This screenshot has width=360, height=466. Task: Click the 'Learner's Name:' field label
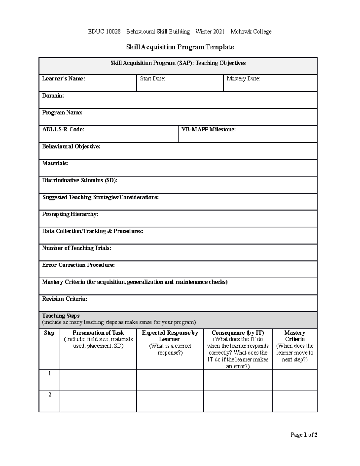click(64, 79)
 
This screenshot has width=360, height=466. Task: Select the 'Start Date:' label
click(152, 79)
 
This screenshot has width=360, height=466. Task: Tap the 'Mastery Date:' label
click(243, 79)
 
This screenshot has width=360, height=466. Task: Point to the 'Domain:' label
click(53, 96)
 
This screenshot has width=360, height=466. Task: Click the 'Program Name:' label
click(62, 113)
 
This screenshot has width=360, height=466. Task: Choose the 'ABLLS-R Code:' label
click(63, 129)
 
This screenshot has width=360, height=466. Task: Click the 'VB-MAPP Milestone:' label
click(208, 129)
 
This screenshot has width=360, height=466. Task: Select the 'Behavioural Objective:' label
click(71, 146)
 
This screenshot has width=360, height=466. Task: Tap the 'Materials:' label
click(55, 163)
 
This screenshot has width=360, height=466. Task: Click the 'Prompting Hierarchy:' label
click(70, 214)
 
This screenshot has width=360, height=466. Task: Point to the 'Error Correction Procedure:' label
click(78, 265)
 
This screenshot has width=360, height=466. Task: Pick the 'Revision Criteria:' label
click(64, 299)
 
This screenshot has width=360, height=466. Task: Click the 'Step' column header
click(49, 333)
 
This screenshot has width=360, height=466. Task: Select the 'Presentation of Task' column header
click(98, 333)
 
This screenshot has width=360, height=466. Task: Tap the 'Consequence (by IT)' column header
click(238, 333)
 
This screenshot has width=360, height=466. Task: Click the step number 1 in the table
click(49, 374)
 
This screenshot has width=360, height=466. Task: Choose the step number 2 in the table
click(49, 395)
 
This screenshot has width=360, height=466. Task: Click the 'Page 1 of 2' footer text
click(304, 435)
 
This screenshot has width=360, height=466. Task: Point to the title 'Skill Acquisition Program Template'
click(180, 47)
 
